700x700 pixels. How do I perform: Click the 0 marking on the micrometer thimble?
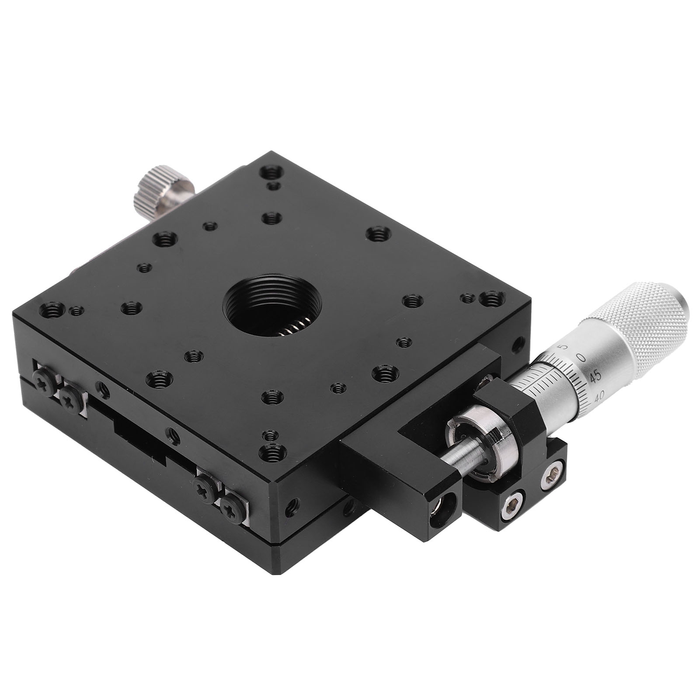(x=581, y=357)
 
